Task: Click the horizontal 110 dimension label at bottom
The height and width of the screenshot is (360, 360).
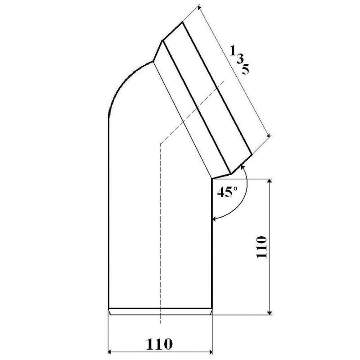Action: tap(159, 344)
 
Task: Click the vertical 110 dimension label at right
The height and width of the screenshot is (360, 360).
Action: tap(262, 247)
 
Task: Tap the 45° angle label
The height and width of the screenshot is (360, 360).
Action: tap(227, 192)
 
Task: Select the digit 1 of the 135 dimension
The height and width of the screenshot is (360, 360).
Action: tap(232, 51)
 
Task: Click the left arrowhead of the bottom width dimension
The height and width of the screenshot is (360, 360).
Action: tap(110, 352)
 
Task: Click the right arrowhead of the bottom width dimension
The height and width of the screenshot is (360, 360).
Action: tap(211, 352)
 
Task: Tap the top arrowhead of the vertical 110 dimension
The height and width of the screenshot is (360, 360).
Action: tap(270, 181)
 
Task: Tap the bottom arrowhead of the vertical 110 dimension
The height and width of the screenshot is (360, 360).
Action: tap(270, 313)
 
